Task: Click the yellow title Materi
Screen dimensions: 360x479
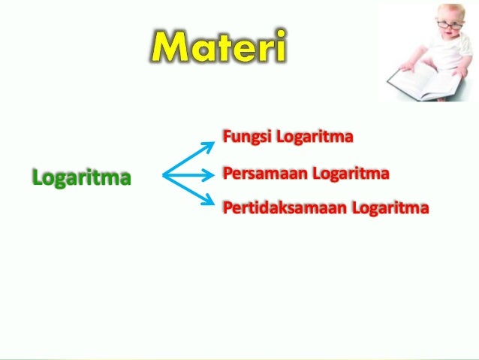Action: coord(217,48)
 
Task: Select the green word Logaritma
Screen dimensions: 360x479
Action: coord(81,178)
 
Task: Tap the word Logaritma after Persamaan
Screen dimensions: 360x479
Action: coord(351,174)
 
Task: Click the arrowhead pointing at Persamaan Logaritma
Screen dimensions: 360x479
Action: coord(210,177)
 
